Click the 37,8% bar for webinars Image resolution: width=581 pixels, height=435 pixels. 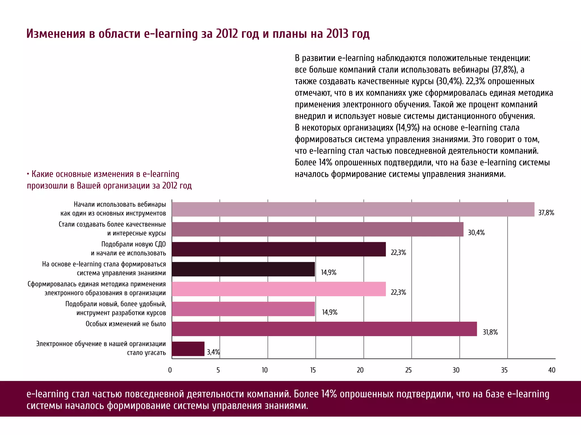[353, 209]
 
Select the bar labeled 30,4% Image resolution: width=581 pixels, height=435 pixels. [317, 229]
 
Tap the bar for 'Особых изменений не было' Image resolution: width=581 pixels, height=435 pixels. [324, 329]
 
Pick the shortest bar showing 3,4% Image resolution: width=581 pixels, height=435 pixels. [188, 349]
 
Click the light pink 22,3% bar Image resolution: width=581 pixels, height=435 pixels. [279, 289]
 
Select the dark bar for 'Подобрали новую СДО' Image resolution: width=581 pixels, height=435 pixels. [279, 249]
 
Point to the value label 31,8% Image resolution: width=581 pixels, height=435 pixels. [490, 332]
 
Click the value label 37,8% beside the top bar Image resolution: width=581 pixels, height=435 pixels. [546, 213]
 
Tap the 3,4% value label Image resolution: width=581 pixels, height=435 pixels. [213, 352]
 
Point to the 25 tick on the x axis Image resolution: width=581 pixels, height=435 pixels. [408, 370]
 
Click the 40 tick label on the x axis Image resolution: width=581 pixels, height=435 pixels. [552, 370]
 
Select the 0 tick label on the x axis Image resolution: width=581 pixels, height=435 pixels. [170, 370]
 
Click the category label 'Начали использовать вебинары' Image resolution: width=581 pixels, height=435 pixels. [120, 204]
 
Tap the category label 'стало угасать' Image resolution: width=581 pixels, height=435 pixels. [146, 353]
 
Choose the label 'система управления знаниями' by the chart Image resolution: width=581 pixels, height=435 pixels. [121, 273]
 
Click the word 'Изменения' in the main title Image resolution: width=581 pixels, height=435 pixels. [56, 34]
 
